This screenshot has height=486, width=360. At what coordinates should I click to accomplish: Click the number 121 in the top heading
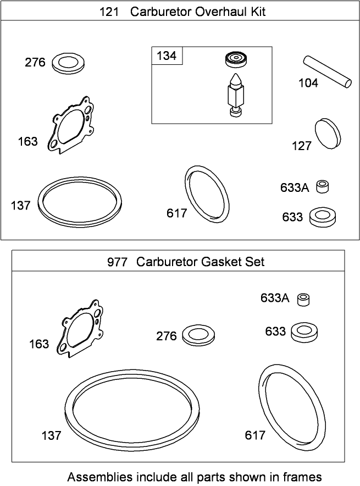[109, 12]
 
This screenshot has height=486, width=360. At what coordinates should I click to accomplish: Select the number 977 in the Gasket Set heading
[117, 262]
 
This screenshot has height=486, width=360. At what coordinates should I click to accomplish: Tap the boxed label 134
[167, 56]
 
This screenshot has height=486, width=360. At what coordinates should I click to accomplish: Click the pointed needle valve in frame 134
[235, 93]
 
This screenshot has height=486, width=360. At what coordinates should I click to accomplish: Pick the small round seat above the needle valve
[235, 59]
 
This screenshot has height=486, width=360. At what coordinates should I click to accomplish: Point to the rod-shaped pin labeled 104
[326, 70]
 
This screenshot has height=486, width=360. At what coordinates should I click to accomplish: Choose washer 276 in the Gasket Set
[198, 335]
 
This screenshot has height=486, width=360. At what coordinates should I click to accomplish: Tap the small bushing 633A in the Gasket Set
[303, 299]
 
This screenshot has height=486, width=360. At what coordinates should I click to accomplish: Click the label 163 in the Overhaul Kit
[27, 142]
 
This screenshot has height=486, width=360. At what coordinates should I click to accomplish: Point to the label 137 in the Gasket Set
[51, 435]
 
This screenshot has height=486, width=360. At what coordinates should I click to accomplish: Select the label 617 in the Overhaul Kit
[177, 213]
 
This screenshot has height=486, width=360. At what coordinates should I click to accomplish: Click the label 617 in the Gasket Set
[255, 435]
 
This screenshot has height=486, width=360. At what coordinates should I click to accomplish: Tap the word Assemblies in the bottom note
[97, 476]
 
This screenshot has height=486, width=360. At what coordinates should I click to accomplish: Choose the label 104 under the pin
[308, 83]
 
